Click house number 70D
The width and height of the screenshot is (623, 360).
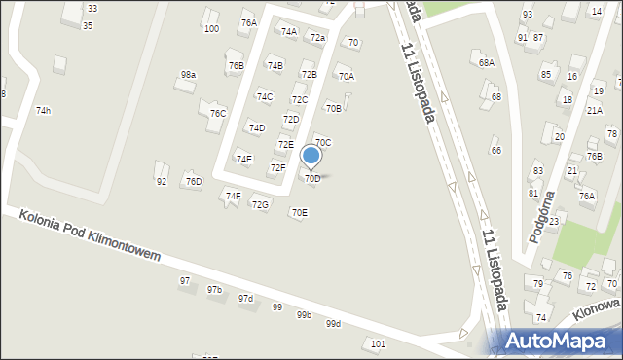point(312,179)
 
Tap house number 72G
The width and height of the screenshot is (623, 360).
point(260,204)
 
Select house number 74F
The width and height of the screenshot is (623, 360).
point(233,196)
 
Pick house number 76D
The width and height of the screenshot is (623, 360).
point(194,181)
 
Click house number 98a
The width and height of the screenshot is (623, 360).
point(188,75)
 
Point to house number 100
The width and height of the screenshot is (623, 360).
point(211,29)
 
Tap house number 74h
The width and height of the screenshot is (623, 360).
point(43,111)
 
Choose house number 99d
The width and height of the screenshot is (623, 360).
point(334,324)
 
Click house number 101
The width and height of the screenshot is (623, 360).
point(379,344)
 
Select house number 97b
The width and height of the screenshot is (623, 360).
point(214,290)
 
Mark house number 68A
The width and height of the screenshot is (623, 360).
point(487,62)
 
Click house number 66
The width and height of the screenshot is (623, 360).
point(495,150)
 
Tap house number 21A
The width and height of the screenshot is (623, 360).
point(594,111)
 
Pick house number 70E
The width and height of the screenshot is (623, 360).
point(299,213)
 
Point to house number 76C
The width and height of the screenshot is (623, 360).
point(218,114)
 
